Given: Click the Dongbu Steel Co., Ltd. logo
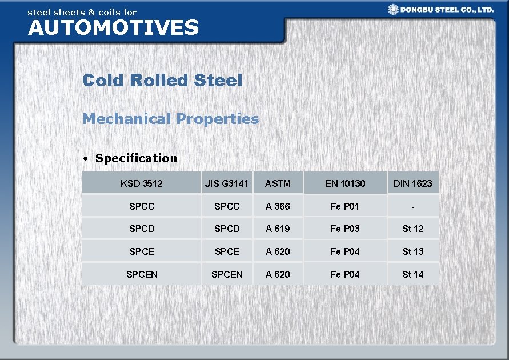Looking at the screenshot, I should tap(440, 10).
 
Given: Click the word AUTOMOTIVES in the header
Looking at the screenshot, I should tap(113, 27).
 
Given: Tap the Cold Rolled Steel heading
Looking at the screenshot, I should tap(162, 81).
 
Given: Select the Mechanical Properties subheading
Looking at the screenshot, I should tap(170, 119).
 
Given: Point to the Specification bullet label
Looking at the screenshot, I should tap(136, 158).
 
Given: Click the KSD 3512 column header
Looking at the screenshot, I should tap(141, 183).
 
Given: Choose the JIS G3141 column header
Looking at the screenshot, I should tap(227, 183).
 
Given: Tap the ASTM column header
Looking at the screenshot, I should tap(278, 183).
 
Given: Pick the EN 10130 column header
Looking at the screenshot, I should tap(345, 183).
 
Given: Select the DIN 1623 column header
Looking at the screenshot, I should tap(412, 183).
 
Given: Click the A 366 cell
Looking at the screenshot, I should tap(278, 206).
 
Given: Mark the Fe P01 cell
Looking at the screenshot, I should tap(345, 206).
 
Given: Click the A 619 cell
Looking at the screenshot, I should tap(278, 229).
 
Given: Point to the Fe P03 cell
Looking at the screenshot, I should tap(345, 229).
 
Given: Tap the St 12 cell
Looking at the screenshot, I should tap(412, 229).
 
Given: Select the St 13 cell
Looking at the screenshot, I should tap(412, 251).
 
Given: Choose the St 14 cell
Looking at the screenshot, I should tap(412, 274).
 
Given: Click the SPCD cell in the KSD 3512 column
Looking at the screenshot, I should tap(142, 229).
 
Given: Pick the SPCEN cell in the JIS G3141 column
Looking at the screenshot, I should tap(227, 274).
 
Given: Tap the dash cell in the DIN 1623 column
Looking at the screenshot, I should tap(412, 206).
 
